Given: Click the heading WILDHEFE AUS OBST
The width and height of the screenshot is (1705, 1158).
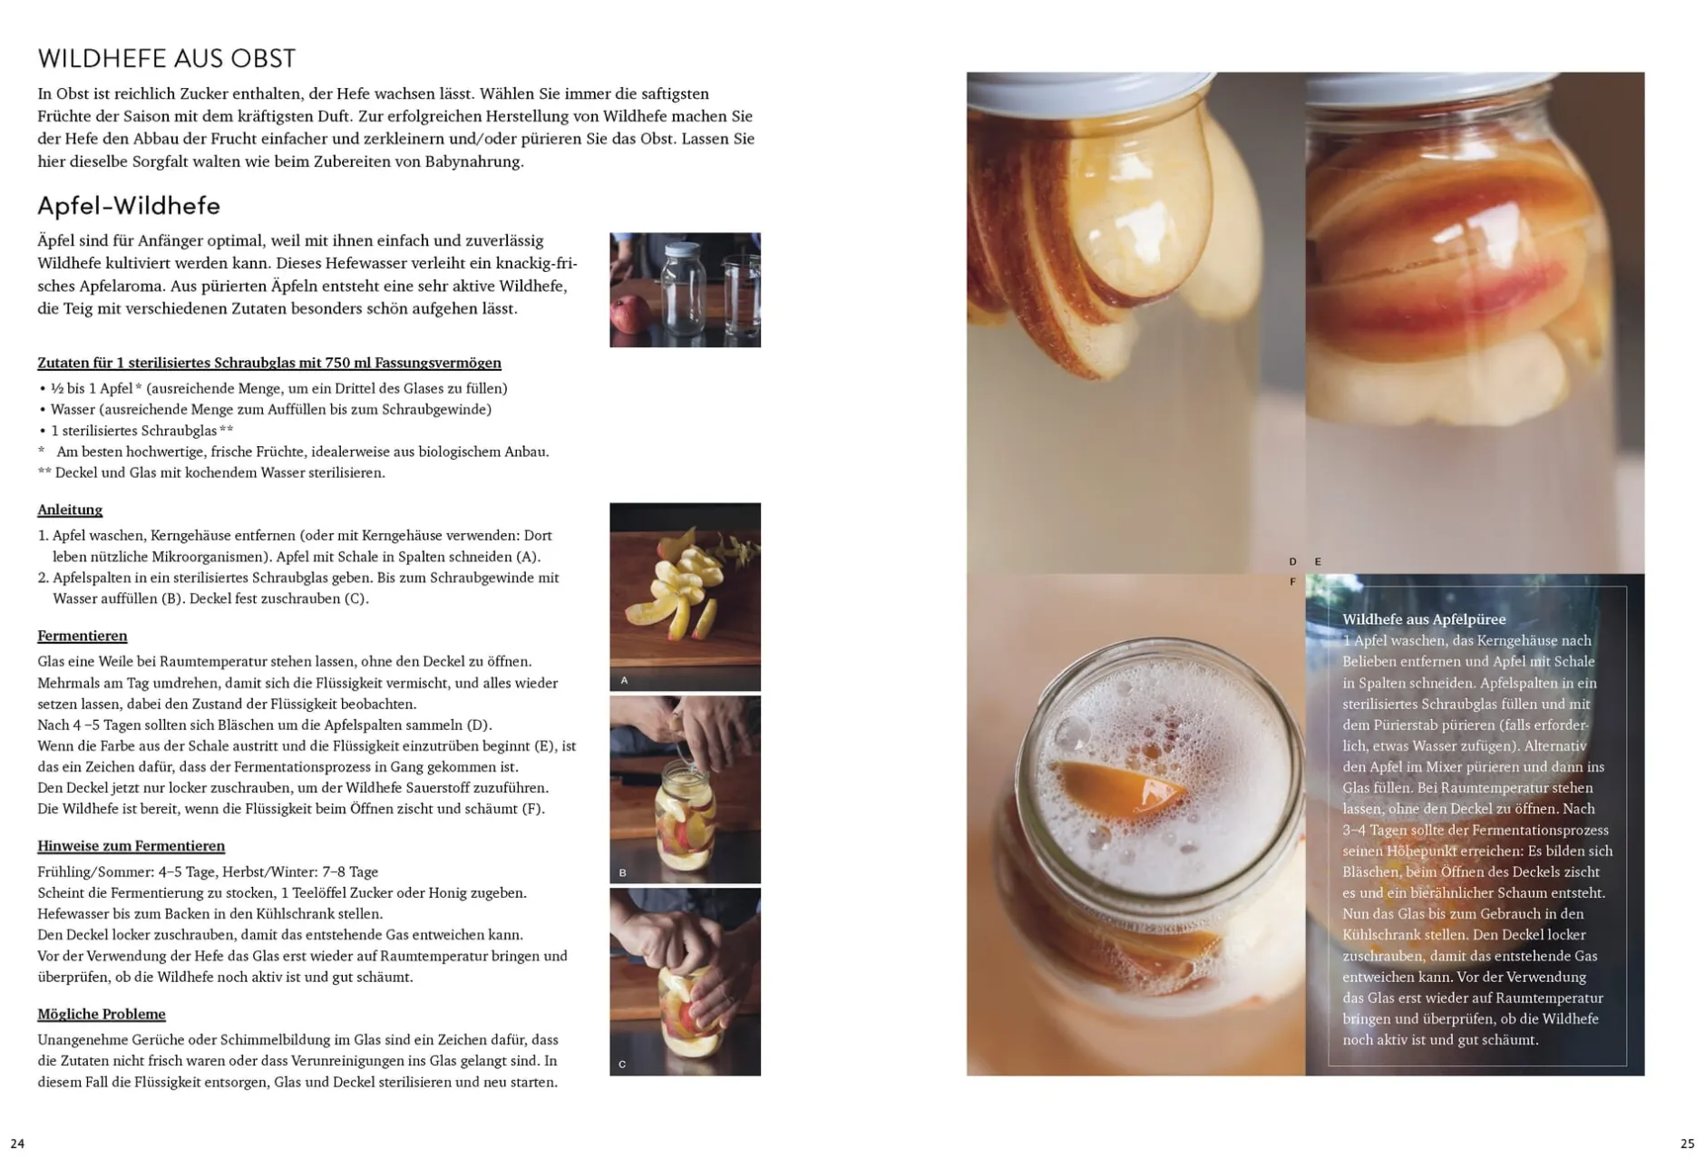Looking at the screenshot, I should coord(166,59).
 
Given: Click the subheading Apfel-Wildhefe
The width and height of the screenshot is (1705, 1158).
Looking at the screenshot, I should coord(129,206).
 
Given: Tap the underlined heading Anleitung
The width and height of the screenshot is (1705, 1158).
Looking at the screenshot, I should coord(70,510).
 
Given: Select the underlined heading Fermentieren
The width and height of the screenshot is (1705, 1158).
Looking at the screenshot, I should coord(83,636).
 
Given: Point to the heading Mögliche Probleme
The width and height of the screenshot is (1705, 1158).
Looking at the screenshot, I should coord(102,1014).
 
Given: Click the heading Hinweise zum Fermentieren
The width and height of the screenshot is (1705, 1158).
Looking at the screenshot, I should coord(131,846).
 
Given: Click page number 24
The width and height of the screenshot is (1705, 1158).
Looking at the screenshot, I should coord(17,1143).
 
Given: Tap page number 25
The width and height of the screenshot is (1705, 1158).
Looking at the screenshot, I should coord(1687,1143).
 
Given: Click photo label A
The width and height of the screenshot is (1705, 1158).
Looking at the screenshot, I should coord(624,680).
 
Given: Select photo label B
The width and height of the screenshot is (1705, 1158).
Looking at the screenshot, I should coord(623,873).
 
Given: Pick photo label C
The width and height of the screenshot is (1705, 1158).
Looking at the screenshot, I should coord(623,1065).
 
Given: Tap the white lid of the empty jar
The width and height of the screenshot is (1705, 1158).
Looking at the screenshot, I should coord(683,249).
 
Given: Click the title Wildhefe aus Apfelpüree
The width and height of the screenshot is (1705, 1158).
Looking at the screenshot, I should coord(1424,619).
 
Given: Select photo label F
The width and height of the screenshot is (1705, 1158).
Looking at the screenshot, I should coord(1292,582).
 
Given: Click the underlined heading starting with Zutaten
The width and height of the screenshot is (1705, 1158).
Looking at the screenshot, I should coord(269,363).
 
